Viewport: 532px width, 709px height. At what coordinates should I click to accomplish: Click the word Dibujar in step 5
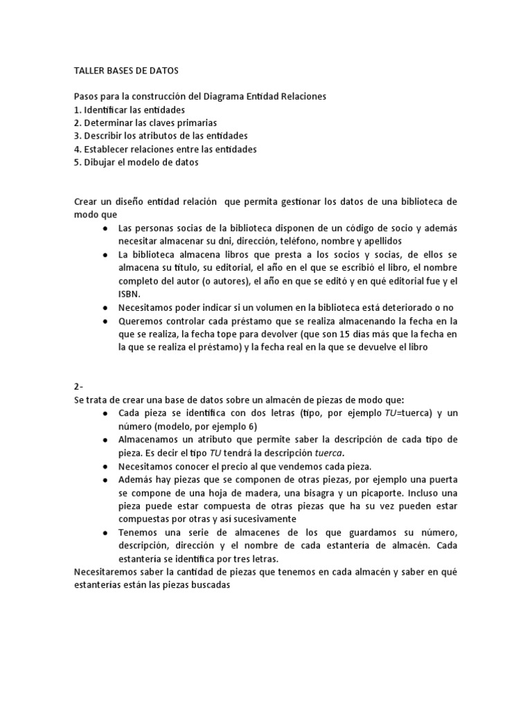[101, 162]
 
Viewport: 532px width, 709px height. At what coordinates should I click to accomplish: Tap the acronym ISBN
[130, 294]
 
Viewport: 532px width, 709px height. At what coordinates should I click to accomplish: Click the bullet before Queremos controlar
[104, 322]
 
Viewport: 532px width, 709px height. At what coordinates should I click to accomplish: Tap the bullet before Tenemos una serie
[104, 532]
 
